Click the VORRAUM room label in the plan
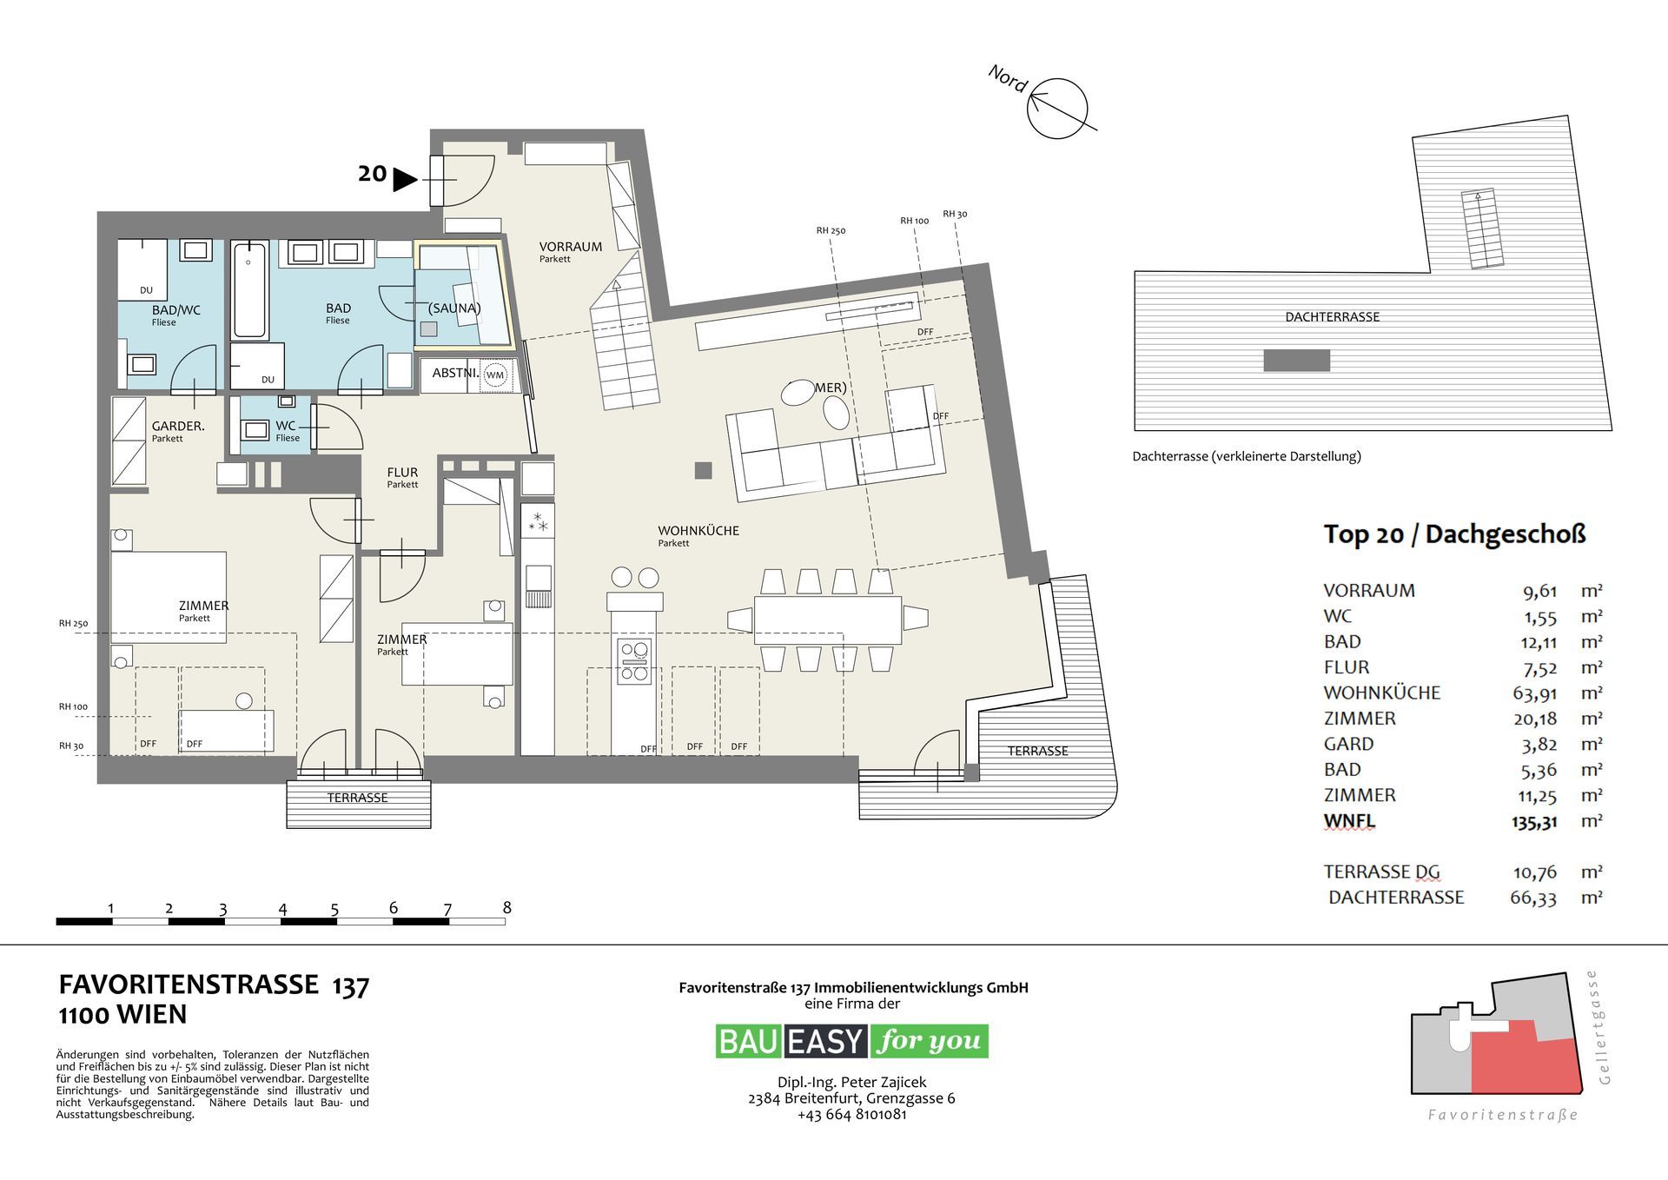[570, 247]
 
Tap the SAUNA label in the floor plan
[454, 308]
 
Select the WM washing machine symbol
[494, 375]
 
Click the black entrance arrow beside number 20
[404, 180]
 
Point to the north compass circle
[1057, 109]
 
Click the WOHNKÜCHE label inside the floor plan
[698, 531]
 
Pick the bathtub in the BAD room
[250, 290]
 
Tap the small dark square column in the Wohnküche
[703, 471]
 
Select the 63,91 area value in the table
[1533, 693]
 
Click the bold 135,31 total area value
[1533, 821]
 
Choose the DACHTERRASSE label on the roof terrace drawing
[1332, 317]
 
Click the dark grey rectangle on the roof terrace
[1296, 360]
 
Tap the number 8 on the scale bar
[506, 908]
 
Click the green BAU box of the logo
[748, 1041]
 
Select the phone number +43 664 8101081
[851, 1114]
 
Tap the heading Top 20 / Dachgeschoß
[1453, 534]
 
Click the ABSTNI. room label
[455, 373]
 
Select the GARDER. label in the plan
[178, 426]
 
